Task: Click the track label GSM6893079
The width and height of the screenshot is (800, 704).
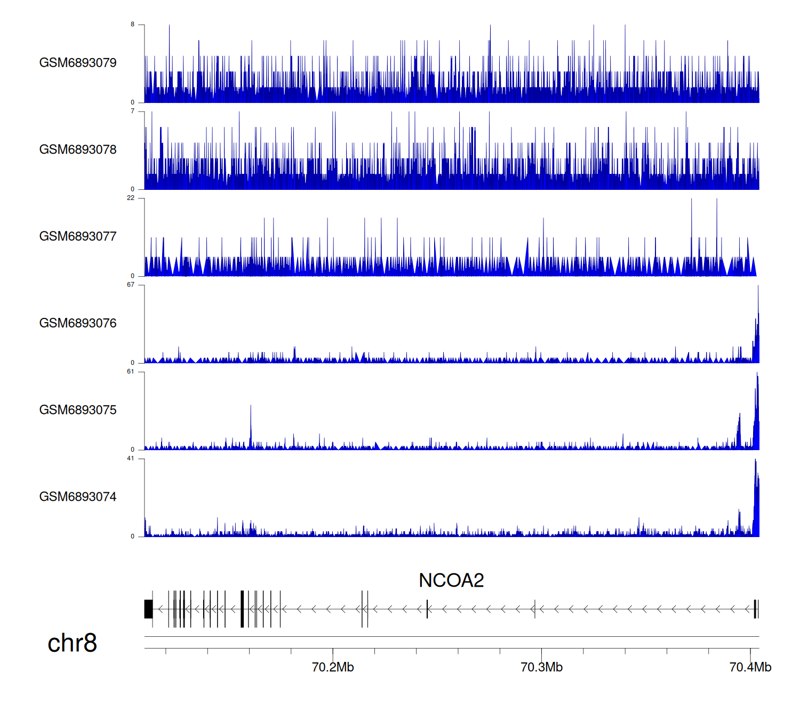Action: click(78, 63)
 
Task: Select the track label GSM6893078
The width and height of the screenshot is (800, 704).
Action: click(78, 150)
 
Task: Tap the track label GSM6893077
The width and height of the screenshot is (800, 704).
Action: click(78, 237)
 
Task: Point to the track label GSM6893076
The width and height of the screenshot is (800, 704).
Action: click(78, 323)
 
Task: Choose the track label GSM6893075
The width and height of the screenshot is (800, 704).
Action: click(78, 410)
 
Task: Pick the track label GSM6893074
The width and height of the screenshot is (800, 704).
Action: click(78, 497)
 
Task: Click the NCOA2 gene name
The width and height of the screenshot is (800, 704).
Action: click(451, 580)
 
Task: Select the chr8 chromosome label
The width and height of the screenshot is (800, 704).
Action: click(72, 643)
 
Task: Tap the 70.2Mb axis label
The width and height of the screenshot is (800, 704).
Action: click(333, 667)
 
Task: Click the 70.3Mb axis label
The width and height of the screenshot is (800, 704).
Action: click(541, 667)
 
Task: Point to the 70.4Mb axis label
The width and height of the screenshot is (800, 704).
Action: click(750, 667)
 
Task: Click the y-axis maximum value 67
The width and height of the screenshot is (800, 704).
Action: click(131, 285)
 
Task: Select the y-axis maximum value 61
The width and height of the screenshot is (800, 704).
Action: click(131, 372)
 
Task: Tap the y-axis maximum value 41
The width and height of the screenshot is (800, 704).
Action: click(131, 459)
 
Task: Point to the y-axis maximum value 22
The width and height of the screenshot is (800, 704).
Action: click(131, 198)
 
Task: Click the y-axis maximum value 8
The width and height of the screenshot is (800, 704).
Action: click(133, 25)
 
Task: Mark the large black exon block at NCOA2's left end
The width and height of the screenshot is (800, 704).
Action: click(148, 609)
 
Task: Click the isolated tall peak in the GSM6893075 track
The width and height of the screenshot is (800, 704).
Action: click(251, 421)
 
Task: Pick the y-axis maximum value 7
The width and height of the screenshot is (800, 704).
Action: click(133, 111)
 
